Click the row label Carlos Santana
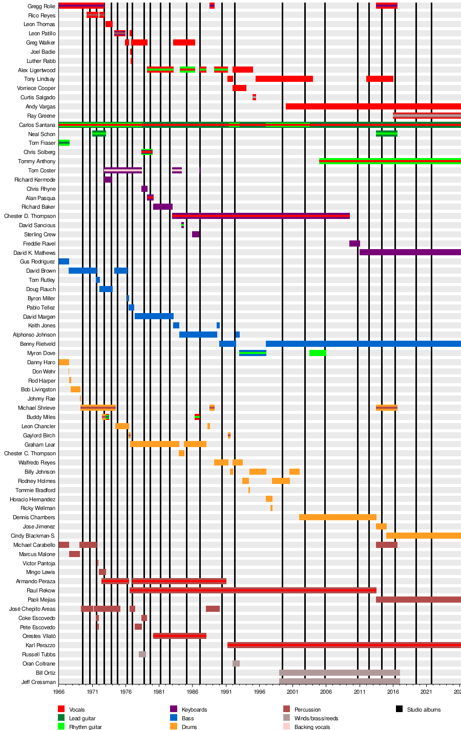[37, 125]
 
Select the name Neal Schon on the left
[41, 134]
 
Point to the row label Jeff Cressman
[38, 682]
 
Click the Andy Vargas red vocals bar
[373, 106]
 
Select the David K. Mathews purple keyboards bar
[410, 252]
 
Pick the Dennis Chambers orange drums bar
[338, 517]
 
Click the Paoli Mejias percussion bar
[418, 600]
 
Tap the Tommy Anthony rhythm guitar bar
[389, 161]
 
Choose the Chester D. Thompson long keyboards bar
[261, 216]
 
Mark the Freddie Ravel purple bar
[354, 244]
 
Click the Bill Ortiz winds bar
[339, 673]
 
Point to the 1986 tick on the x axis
[193, 692]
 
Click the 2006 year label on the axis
[326, 692]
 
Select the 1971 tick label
[92, 692]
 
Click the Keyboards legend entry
[194, 710]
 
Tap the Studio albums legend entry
[424, 710]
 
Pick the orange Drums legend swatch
[174, 726]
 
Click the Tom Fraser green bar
[64, 143]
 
